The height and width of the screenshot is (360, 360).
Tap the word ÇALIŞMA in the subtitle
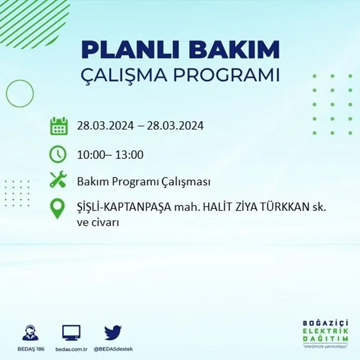point(124,75)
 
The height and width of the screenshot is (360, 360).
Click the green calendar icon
point(59,126)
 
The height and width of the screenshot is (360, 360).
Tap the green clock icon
point(58,155)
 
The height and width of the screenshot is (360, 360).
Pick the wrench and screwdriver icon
point(58,179)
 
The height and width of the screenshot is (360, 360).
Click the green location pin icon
point(57,208)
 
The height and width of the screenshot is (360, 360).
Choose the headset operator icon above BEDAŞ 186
point(30,333)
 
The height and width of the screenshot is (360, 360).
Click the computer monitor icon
point(71,333)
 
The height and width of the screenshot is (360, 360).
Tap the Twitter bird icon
point(113,333)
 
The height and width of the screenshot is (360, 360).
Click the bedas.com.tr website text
point(71,349)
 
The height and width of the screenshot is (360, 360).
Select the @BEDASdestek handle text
point(113,349)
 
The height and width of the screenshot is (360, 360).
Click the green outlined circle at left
point(20,94)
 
